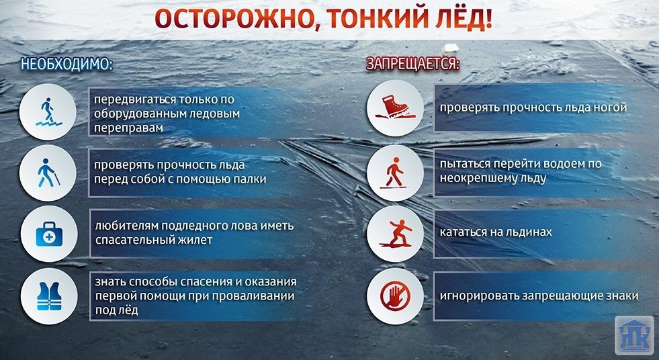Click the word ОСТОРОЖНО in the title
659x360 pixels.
tap(233, 19)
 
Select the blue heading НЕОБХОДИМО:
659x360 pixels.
tap(67, 64)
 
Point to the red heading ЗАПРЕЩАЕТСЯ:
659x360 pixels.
tap(413, 64)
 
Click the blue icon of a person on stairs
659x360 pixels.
tap(48, 111)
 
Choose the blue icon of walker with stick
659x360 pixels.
tap(48, 173)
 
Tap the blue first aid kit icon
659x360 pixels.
tap(49, 234)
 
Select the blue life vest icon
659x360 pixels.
tap(49, 296)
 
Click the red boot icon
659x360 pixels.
tap(395, 107)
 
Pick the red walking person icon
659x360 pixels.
tap(394, 173)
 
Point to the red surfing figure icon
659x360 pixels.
tap(396, 234)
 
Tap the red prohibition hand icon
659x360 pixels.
tap(395, 296)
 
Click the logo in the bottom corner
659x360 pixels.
tap(634, 335)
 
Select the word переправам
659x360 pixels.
tap(128, 128)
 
